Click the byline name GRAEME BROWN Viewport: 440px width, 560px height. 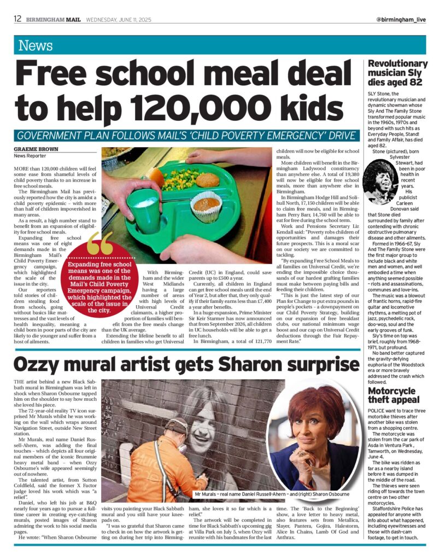33,148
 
